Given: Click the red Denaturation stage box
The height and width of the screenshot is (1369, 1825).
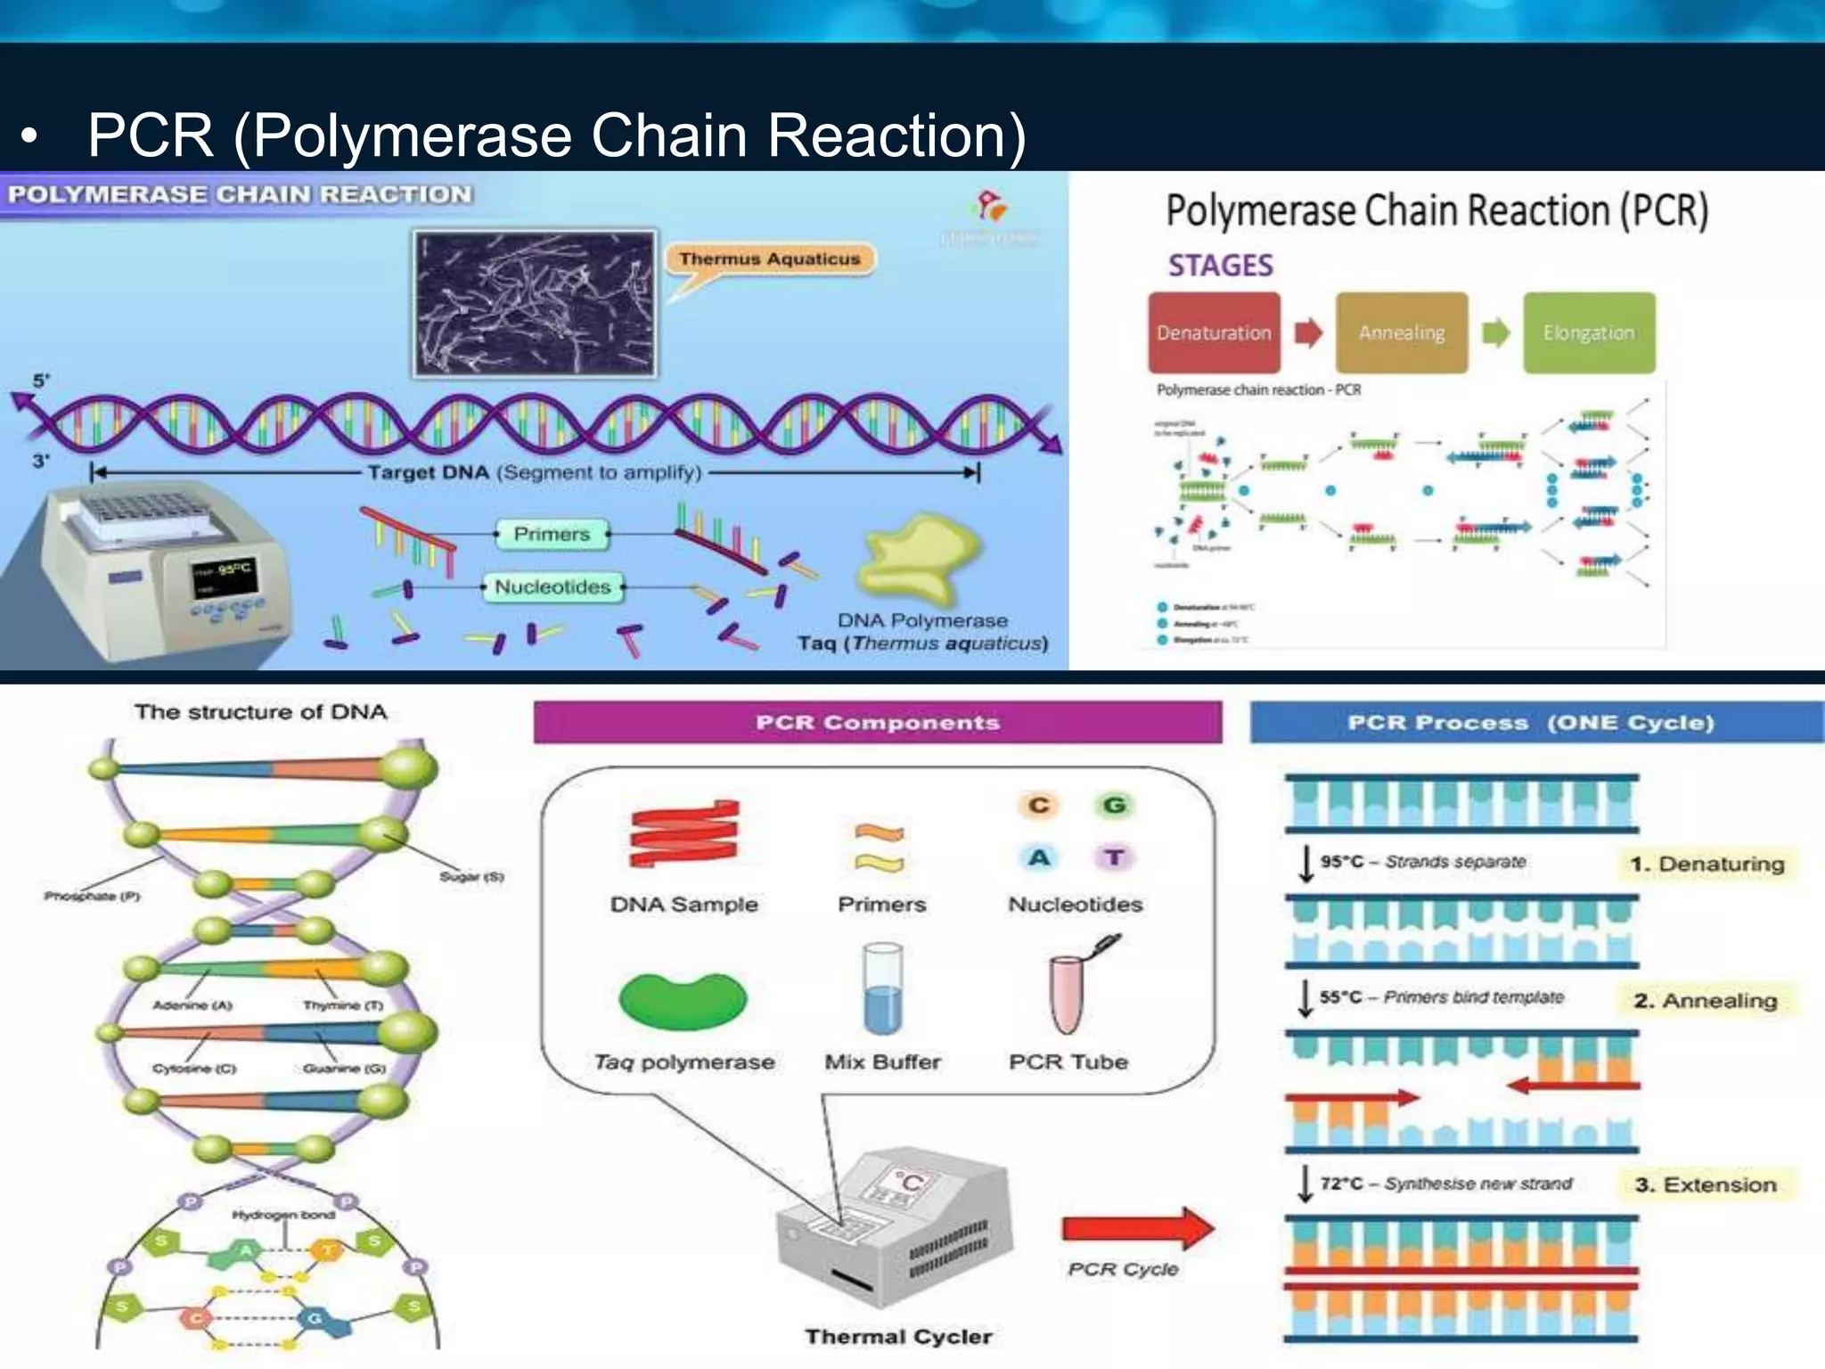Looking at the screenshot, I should tap(1214, 332).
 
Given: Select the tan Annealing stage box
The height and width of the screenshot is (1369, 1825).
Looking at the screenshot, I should tap(1401, 332).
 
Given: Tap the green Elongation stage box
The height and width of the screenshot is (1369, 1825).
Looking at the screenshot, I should tap(1589, 332).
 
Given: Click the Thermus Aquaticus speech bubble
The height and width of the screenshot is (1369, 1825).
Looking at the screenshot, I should tap(770, 259).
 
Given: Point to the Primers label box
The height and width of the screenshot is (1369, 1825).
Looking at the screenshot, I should tap(552, 534).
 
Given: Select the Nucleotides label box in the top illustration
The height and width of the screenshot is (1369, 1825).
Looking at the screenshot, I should tap(552, 587).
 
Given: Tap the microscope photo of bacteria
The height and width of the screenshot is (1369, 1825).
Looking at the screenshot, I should tap(535, 304).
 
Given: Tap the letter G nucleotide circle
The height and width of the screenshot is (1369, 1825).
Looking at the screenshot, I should tap(1114, 805).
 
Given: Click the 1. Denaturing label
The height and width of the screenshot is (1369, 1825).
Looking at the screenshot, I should tap(1706, 864).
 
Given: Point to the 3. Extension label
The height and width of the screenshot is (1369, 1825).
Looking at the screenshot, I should tap(1706, 1185).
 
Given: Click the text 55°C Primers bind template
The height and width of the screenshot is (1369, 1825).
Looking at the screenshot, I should tap(1441, 997).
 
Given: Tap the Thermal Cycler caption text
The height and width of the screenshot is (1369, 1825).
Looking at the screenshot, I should tap(898, 1336).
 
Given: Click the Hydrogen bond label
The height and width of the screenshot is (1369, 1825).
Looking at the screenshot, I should tap(283, 1215).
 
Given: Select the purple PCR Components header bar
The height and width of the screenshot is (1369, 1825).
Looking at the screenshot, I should tap(878, 723).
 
